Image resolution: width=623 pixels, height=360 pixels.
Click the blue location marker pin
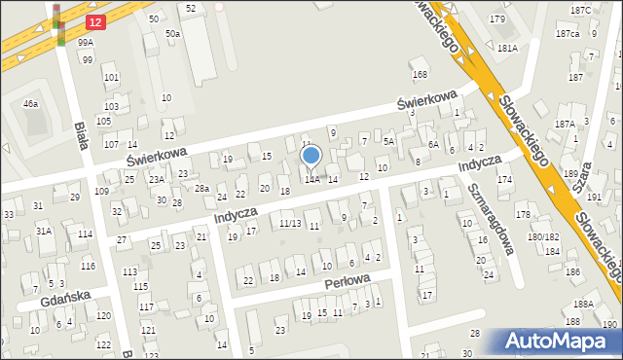311,156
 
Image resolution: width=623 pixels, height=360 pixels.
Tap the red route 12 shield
93,21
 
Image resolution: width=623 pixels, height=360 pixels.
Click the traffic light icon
58,24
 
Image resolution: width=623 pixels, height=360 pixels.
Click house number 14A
311,180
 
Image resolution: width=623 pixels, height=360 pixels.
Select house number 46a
31,103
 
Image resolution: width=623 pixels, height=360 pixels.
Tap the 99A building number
87,43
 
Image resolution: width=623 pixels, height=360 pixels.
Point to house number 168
420,74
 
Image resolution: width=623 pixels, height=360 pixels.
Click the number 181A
507,48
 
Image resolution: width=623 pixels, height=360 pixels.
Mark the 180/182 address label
543,237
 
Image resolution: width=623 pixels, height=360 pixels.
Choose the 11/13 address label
291,224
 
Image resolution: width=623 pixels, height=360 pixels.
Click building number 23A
156,180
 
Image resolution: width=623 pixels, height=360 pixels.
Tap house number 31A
44,231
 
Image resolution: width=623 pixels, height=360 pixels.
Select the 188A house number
584,305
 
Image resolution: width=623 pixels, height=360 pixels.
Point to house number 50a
172,34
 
